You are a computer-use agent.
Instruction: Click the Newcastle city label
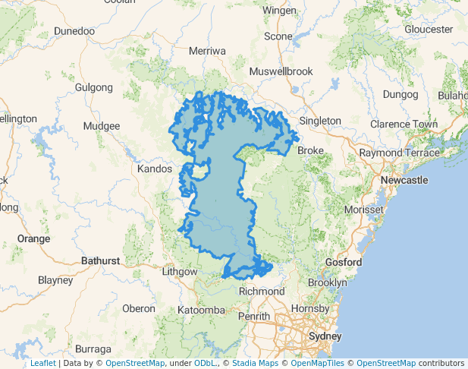point(404,180)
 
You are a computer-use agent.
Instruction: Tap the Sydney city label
point(325,336)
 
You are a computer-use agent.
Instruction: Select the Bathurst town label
point(100,260)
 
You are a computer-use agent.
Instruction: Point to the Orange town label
point(33,238)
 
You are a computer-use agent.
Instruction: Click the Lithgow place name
point(180,271)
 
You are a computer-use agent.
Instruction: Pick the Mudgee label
point(102,126)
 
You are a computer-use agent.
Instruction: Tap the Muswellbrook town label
point(281,71)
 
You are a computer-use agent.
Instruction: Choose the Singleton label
point(320,121)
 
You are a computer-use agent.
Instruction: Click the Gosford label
point(343,262)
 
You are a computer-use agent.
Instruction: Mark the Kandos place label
point(155,169)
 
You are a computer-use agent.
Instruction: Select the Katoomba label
point(201,310)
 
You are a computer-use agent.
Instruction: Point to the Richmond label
point(262,291)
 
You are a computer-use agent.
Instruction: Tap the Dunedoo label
point(74,31)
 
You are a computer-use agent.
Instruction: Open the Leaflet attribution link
point(42,364)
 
